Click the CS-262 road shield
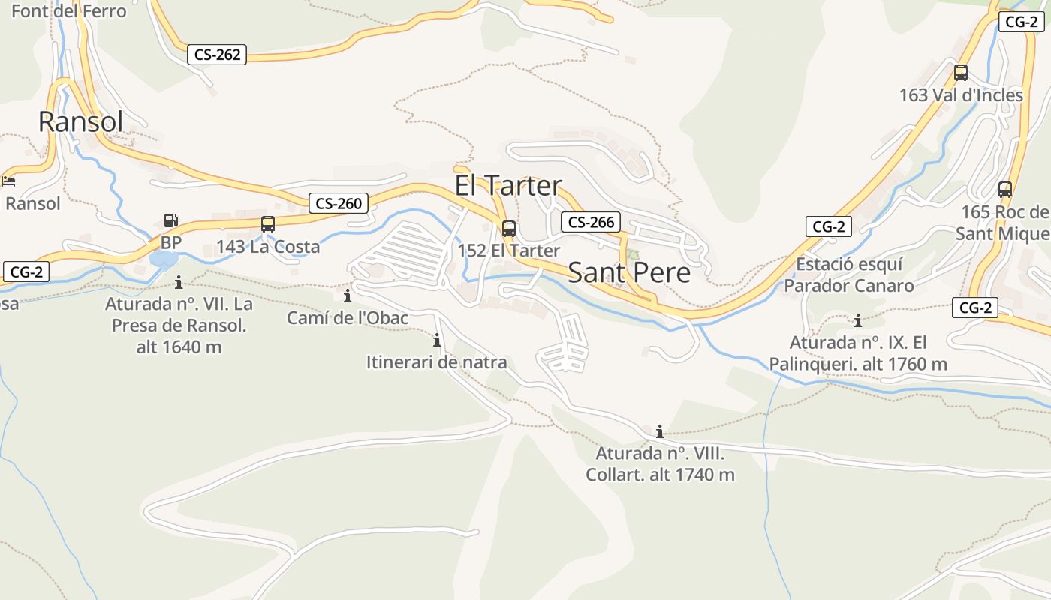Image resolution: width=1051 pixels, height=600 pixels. point(218,55)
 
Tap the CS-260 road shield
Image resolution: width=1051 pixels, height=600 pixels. point(339,203)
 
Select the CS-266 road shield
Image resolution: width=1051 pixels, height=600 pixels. point(591,222)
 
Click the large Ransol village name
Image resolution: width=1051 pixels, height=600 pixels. point(80,121)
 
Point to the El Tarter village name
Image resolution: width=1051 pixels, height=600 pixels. point(508,186)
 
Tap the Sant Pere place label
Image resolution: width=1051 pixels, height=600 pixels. point(628,273)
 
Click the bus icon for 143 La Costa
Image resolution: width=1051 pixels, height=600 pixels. point(268,224)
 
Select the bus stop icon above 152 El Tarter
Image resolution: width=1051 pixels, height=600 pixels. point(509,229)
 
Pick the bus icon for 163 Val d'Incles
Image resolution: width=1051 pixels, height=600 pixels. point(960,73)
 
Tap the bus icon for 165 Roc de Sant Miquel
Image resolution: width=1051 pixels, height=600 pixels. point(1005,190)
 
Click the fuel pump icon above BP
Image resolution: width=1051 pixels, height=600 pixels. point(171,220)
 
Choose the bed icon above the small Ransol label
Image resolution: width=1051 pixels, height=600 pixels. point(8,181)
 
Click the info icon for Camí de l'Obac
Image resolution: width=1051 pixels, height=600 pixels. point(347,295)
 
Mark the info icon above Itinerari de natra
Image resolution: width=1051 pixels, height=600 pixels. point(437,340)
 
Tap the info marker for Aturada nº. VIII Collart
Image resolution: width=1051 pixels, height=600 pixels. point(659,431)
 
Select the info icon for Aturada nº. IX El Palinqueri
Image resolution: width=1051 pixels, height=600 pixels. point(857,321)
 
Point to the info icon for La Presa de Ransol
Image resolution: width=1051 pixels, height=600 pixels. point(179,282)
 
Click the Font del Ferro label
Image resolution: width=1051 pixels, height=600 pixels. point(69,11)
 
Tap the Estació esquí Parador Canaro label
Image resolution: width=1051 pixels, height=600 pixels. point(849,275)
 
